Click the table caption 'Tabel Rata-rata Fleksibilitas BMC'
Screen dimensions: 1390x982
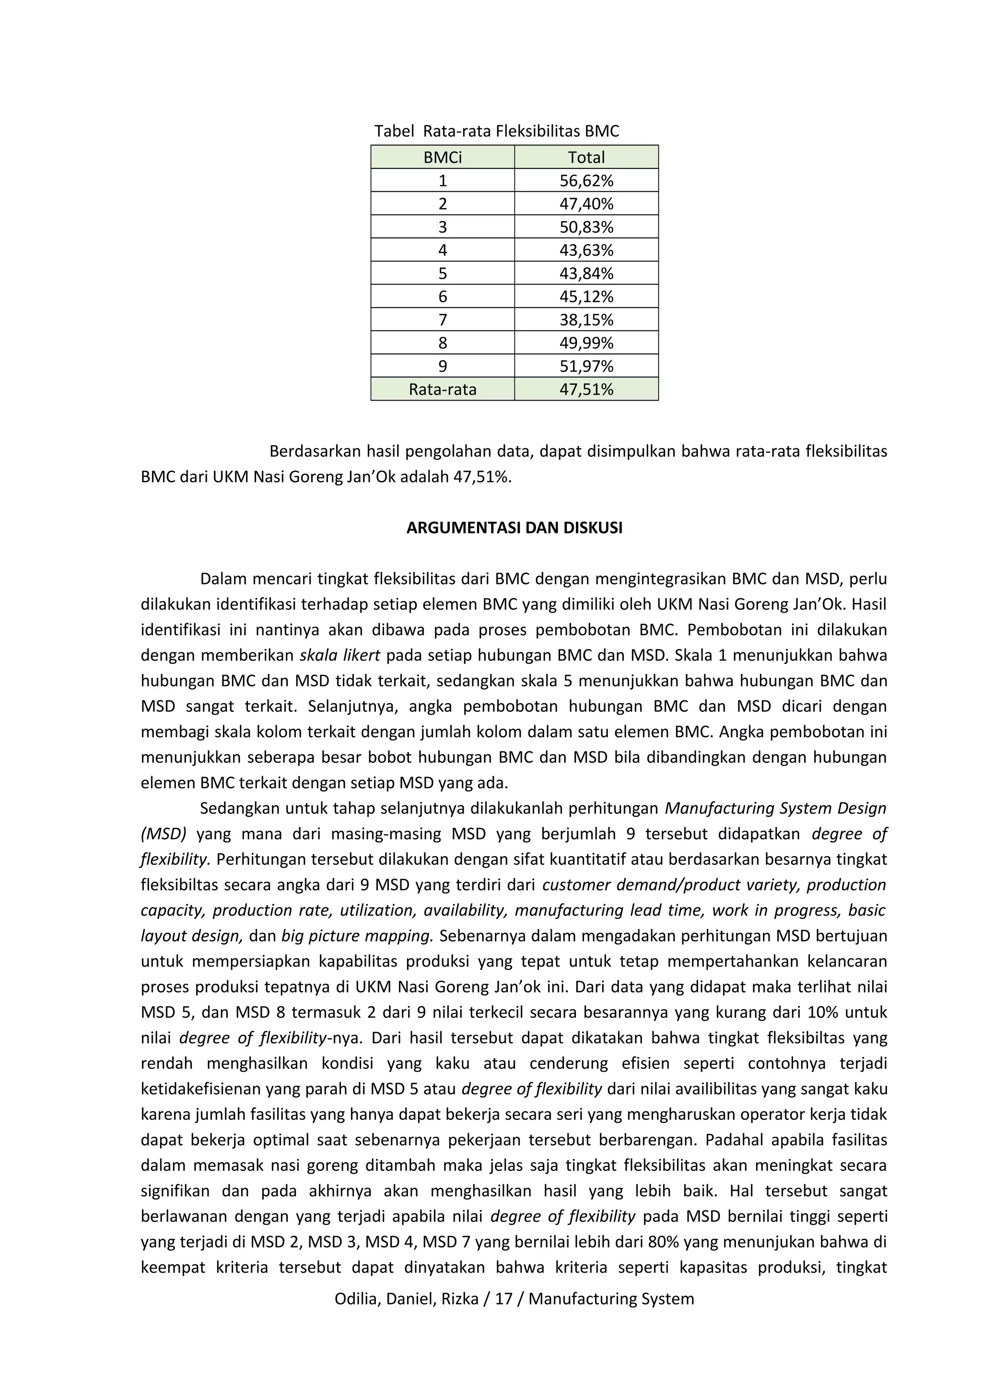(496, 131)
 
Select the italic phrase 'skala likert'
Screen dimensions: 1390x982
(339, 656)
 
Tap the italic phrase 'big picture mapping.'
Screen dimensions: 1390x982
(357, 936)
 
